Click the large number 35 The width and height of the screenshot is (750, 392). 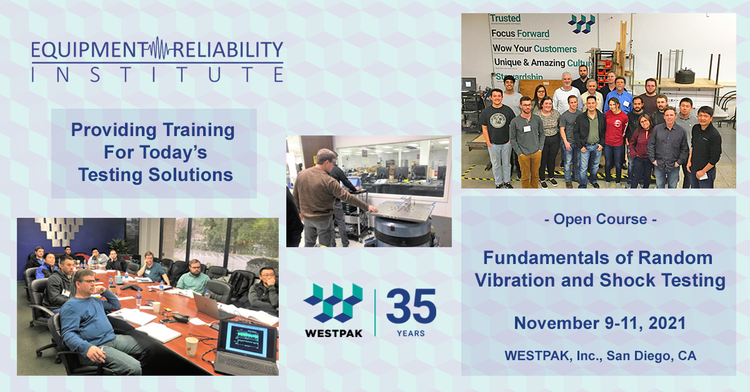[x=411, y=306]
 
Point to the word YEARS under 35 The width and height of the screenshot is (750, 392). [x=410, y=333]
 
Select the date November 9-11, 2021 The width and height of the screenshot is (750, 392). [x=599, y=323]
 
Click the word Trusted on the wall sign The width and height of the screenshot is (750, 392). [x=505, y=18]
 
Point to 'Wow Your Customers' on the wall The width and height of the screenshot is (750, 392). [x=534, y=48]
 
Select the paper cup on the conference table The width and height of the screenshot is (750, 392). [x=192, y=345]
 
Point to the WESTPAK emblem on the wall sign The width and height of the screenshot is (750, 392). [x=581, y=24]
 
